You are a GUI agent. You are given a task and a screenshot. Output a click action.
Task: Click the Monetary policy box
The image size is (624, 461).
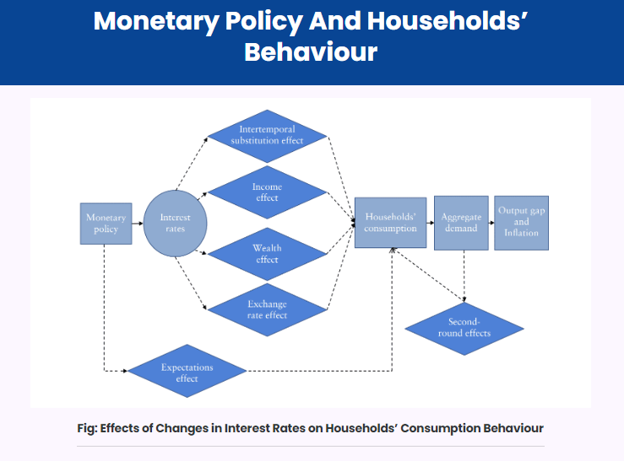[x=106, y=224]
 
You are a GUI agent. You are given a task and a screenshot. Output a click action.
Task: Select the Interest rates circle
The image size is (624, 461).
[x=175, y=223]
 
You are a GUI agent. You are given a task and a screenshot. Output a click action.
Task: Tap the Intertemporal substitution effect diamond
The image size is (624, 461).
[x=267, y=136]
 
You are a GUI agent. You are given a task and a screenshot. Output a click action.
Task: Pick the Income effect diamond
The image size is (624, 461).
[x=267, y=193]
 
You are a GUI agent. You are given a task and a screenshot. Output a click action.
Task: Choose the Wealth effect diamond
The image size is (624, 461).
[x=267, y=254]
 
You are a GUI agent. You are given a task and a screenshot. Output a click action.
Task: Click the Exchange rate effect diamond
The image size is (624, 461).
[x=267, y=310]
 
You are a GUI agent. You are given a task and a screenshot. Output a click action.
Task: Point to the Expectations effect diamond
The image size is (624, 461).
[x=187, y=371]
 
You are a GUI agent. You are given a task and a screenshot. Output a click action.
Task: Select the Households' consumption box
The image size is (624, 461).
[x=390, y=223]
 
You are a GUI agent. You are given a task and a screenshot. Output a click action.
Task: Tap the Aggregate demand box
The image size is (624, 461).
[x=461, y=223]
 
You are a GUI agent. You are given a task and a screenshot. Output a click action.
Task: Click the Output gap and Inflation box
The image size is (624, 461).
[x=521, y=223]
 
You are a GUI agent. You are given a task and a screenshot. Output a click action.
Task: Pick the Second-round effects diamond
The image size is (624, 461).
[x=464, y=328]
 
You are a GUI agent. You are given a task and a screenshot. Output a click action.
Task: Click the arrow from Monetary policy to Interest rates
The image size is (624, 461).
[x=138, y=224]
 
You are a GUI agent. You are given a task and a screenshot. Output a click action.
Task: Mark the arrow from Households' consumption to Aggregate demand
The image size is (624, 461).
[x=430, y=223]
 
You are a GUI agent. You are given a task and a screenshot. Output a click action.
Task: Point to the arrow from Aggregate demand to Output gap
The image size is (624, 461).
[x=491, y=223]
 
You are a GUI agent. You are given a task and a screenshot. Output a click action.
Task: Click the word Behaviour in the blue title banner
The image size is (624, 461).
[x=311, y=52]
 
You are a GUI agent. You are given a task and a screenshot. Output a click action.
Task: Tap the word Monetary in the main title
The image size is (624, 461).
[x=156, y=21]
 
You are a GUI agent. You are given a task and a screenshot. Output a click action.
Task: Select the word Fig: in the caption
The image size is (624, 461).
[x=87, y=428]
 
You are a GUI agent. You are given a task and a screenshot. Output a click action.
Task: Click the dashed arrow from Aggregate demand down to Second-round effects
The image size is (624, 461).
[x=464, y=276]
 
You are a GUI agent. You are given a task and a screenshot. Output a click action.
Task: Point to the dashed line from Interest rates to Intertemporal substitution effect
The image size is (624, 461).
[x=192, y=164]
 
